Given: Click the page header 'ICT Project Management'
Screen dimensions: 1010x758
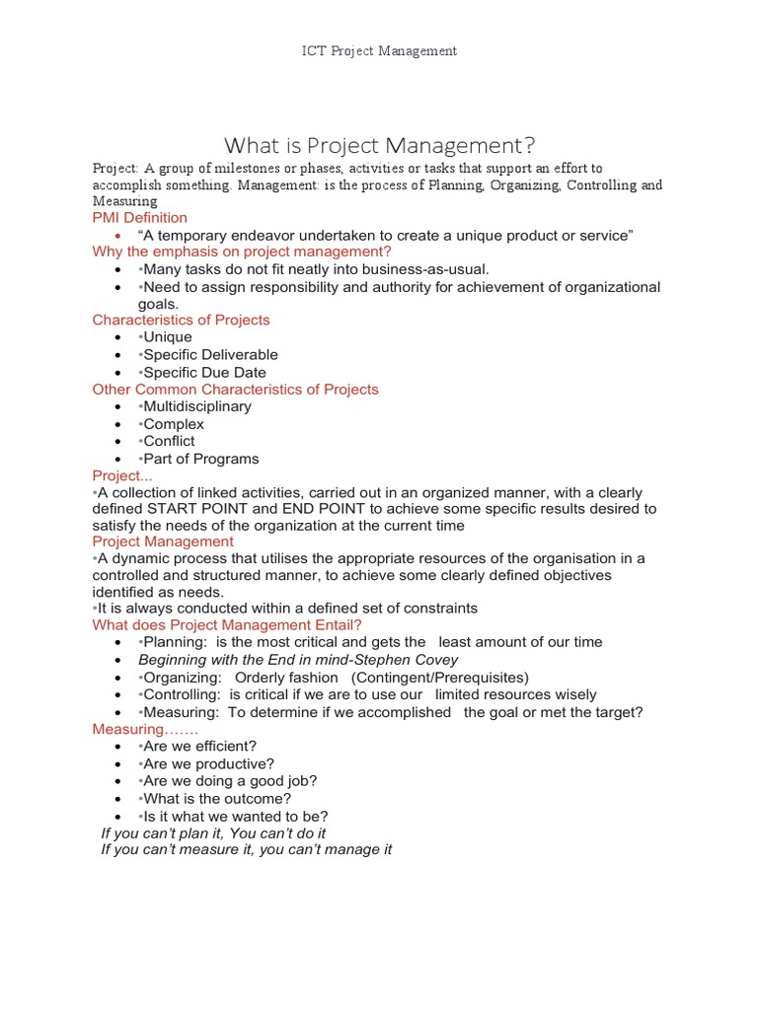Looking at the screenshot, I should (379, 51).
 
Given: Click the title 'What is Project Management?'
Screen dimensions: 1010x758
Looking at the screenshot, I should (380, 146).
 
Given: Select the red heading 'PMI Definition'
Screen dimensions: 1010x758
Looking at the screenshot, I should (139, 217).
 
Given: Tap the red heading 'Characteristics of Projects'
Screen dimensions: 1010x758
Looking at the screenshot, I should (181, 320).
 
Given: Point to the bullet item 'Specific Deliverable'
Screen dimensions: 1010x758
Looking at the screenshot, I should (209, 354).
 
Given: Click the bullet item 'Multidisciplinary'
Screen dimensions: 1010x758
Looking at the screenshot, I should (196, 406).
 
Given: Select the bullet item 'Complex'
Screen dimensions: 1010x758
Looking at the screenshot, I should (173, 424).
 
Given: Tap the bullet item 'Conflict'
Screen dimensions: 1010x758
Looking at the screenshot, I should (169, 441).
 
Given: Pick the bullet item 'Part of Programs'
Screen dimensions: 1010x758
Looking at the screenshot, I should (200, 459).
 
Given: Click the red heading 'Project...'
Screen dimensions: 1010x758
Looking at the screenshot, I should (117, 475).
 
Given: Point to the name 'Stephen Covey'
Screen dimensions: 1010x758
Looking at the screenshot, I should (414, 659).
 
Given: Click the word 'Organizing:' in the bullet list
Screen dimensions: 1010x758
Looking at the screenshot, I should (183, 677).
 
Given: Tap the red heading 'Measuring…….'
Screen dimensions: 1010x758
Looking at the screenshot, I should (145, 729).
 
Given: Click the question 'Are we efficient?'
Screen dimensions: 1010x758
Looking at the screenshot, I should (199, 747).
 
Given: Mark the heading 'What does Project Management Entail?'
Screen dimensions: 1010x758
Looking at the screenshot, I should (227, 624).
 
